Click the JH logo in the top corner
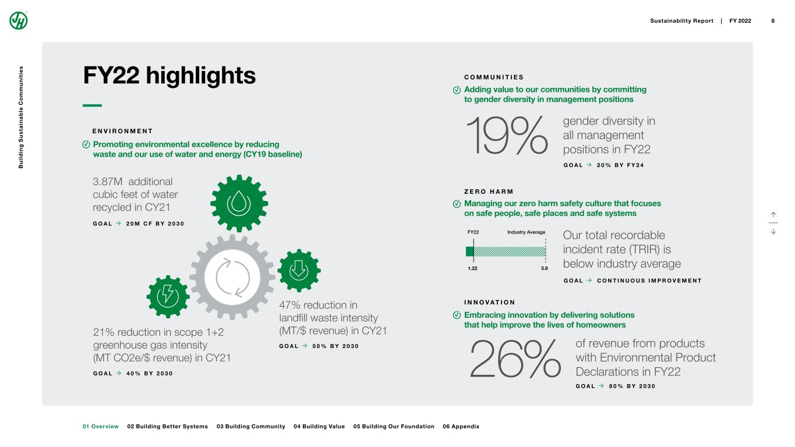[x=19, y=20]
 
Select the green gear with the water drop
[x=239, y=202]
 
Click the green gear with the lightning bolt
[x=168, y=296]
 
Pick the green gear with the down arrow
[x=299, y=270]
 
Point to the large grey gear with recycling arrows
[x=232, y=277]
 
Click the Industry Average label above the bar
[x=526, y=232]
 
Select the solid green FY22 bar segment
[x=469, y=251]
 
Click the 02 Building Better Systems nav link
[x=167, y=427]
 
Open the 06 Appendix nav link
[x=461, y=427]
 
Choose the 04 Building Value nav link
[x=319, y=427]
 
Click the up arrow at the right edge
[x=773, y=215]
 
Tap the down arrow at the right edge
[x=773, y=231]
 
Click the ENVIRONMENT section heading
[x=122, y=131]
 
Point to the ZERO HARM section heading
[x=489, y=191]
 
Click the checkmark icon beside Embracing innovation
[x=457, y=315]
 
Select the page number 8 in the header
[x=773, y=21]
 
